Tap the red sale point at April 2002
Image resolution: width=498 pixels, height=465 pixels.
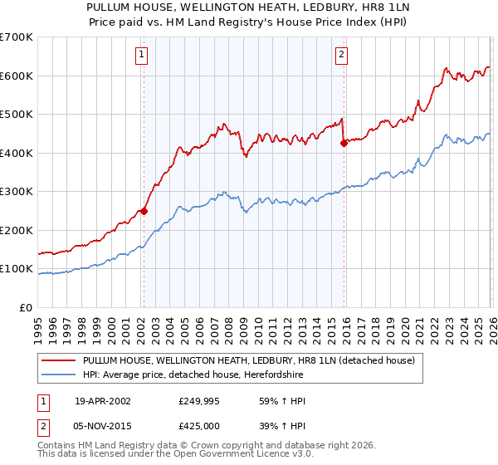point(144,211)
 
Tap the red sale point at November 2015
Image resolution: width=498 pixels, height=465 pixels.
point(344,143)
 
